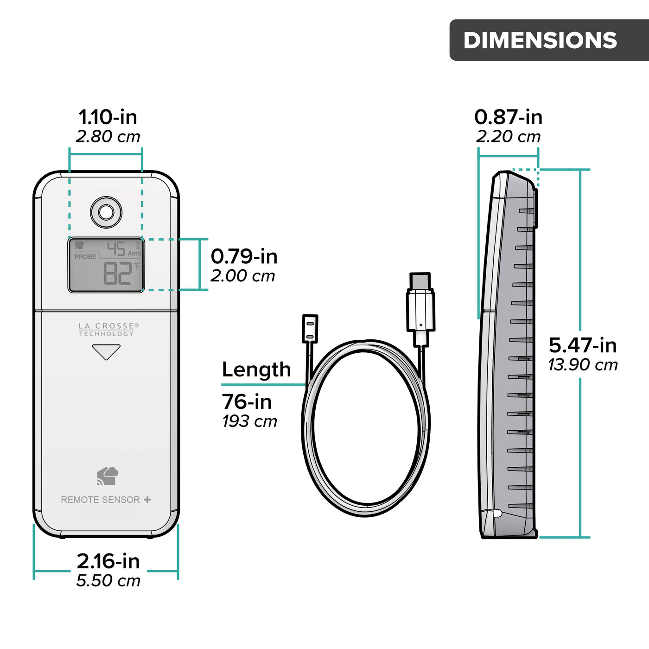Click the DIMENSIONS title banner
pos(540,40)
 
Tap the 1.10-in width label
pos(108,117)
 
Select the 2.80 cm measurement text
pos(108,137)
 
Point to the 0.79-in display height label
pos(244,256)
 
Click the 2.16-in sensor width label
pos(108,561)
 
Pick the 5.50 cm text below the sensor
pos(108,580)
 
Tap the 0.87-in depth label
pos(508,117)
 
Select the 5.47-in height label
pos(583,345)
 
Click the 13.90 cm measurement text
pos(583,365)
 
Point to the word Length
pos(256,369)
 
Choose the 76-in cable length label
pos(247,401)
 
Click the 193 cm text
pos(249,421)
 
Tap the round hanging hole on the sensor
pos(106,212)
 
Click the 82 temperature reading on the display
pos(117,273)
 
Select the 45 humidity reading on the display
pos(116,249)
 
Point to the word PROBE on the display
pos(85,257)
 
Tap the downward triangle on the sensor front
pos(106,351)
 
